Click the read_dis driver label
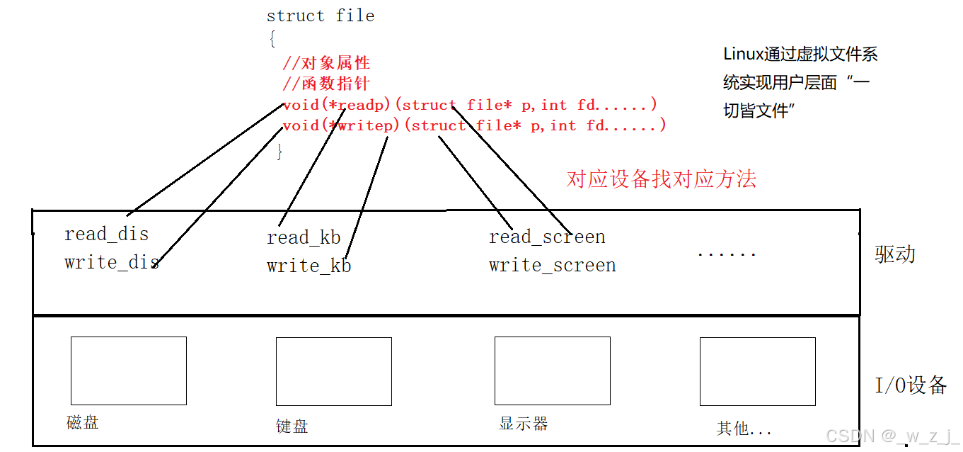[106, 234]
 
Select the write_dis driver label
[111, 262]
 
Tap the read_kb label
[304, 237]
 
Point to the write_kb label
[308, 266]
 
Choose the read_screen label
[547, 237]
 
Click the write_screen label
[552, 265]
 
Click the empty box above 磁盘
[128, 371]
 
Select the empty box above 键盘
[333, 371]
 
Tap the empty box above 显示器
[552, 371]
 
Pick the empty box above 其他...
[757, 371]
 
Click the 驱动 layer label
[895, 254]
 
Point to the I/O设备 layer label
[911, 385]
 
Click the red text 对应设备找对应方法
[661, 179]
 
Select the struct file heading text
[320, 16]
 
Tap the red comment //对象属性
[325, 64]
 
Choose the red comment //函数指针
[325, 84]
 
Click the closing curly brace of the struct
[280, 151]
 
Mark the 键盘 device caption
[292, 426]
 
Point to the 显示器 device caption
[523, 424]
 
